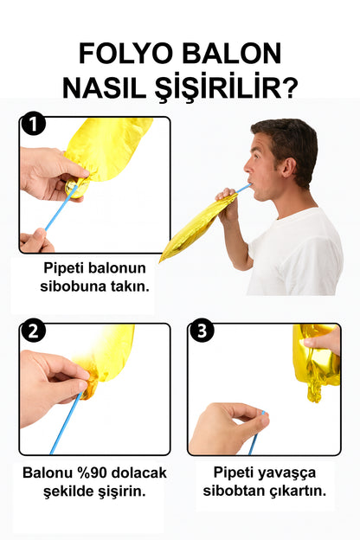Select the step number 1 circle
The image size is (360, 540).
(x=32, y=125)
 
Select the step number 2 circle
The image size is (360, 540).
(x=32, y=331)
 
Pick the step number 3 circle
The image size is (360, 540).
(x=202, y=331)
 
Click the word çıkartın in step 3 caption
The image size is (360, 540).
(x=298, y=491)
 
